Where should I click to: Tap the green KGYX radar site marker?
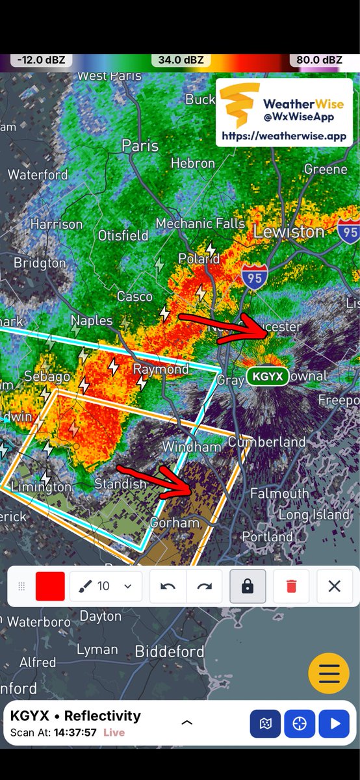268,376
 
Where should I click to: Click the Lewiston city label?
289,231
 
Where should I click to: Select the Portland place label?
267,537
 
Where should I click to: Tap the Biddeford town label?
169,651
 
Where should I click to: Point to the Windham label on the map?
192,447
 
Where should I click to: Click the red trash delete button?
291,586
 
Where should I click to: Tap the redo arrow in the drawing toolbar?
205,586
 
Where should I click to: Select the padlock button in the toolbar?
247,586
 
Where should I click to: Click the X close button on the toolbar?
334,586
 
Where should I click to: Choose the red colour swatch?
50,586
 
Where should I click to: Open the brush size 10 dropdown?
105,586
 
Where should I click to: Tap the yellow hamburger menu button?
329,673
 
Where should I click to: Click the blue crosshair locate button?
300,723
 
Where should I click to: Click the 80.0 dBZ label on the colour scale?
316,60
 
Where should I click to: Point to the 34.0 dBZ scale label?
181,60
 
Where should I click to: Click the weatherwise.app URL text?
284,136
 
